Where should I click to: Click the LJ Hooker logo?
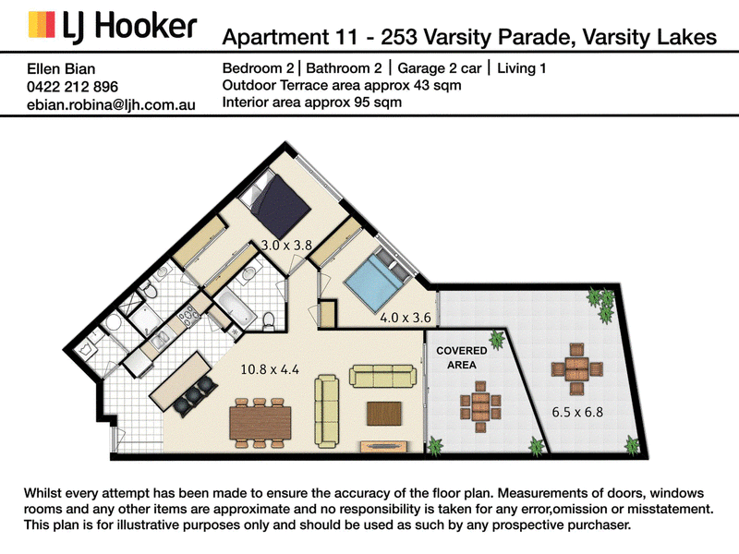pyautogui.click(x=112, y=26)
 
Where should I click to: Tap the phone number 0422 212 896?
pyautogui.click(x=73, y=87)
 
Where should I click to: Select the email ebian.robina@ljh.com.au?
pyautogui.click(x=111, y=104)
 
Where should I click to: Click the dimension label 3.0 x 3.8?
pyautogui.click(x=286, y=245)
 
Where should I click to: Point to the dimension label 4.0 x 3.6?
pyautogui.click(x=406, y=318)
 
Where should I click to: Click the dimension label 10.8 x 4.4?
pyautogui.click(x=270, y=369)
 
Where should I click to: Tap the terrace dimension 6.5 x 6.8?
pyautogui.click(x=577, y=412)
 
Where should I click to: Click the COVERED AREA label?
pyautogui.click(x=461, y=357)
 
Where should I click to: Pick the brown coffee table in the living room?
pyautogui.click(x=384, y=414)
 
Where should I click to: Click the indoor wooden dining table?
pyautogui.click(x=260, y=423)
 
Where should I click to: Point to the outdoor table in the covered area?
pyautogui.click(x=480, y=407)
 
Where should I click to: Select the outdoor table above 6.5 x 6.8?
pyautogui.click(x=576, y=369)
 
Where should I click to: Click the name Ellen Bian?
pyautogui.click(x=61, y=68)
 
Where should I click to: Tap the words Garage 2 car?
pyautogui.click(x=440, y=68)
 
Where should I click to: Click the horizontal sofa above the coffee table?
pyautogui.click(x=382, y=377)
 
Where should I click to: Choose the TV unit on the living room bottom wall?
pyautogui.click(x=383, y=446)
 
